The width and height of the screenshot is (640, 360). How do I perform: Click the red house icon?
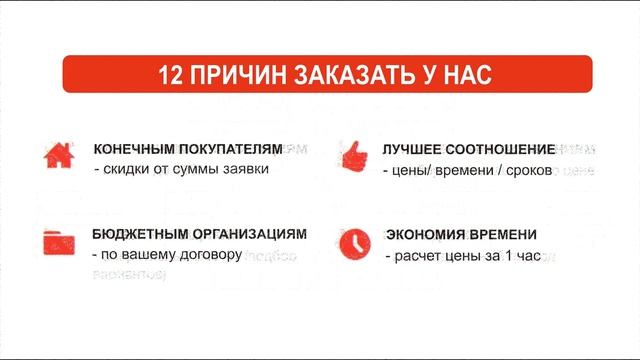55,154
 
